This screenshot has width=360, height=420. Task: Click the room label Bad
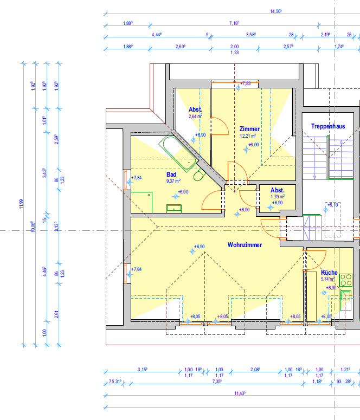171,175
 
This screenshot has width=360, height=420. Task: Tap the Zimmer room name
250,129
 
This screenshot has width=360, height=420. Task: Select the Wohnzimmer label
245,245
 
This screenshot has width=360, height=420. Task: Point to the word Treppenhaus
328,126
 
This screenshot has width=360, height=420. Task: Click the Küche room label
329,273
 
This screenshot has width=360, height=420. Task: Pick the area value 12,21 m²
248,136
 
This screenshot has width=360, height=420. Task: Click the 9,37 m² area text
173,181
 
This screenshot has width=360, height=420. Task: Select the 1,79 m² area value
278,197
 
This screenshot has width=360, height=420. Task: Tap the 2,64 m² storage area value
195,116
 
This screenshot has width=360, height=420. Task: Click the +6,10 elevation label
333,204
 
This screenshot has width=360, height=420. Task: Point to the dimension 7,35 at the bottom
216,382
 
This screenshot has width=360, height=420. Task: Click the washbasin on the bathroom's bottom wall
174,208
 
